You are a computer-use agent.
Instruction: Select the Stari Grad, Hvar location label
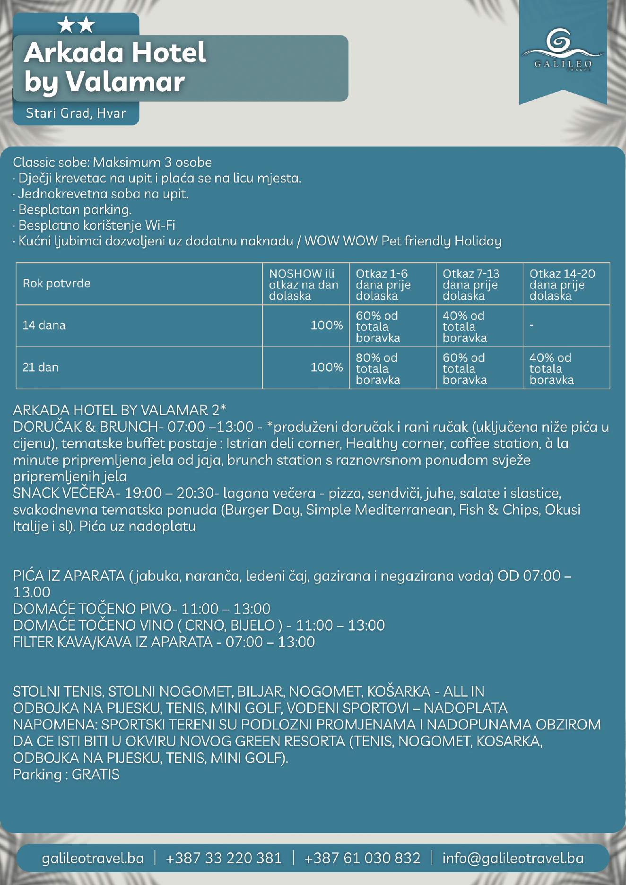pos(76,113)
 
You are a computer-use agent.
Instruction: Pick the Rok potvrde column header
pos(56,283)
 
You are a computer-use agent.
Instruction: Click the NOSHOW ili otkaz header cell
pos(304,284)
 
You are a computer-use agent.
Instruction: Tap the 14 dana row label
pos(44,325)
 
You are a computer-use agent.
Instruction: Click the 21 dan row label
pos(41,367)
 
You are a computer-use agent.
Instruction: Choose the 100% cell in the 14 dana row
pos(326,325)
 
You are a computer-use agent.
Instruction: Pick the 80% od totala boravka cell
pos(378,368)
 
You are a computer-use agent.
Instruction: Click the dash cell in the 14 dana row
pos(532,325)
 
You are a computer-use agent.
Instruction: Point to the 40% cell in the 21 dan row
pos(551,368)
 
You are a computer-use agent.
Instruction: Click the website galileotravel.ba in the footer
pos(93,858)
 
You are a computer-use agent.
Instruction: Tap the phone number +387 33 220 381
pos(224,858)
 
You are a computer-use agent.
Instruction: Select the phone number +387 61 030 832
pos(362,858)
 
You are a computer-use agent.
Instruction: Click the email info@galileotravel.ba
pos(513,858)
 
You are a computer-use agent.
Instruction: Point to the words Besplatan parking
pos(74,209)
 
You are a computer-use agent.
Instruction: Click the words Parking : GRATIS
pos(66,774)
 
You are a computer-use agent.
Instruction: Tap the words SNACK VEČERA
pos(63,494)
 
